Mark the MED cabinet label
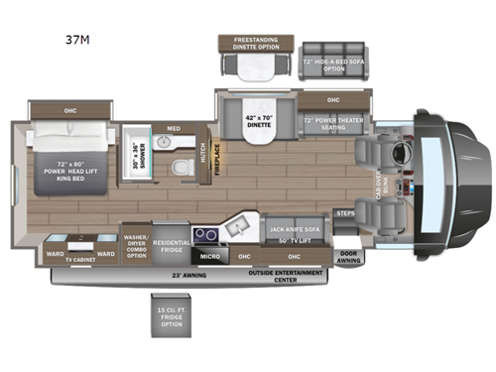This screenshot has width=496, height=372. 174,128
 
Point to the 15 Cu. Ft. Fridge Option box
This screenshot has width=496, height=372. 171,315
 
